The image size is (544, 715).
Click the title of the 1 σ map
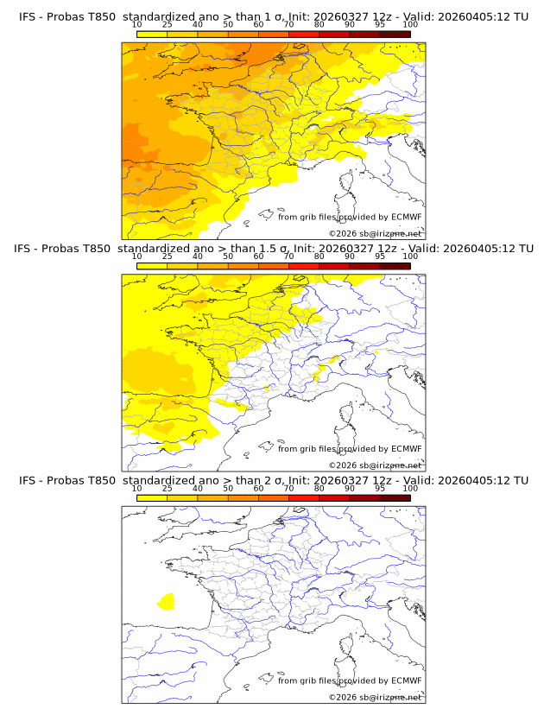click(x=272, y=16)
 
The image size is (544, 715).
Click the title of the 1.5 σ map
click(x=272, y=248)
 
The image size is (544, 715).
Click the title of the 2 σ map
click(x=272, y=480)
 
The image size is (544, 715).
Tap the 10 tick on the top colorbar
click(x=136, y=26)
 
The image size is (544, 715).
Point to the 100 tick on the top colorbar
click(x=410, y=26)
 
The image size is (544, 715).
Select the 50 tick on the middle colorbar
click(x=228, y=256)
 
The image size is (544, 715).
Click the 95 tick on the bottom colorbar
click(x=380, y=489)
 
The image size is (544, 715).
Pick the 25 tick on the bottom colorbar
click(x=167, y=489)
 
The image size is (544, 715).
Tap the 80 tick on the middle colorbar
click(x=319, y=256)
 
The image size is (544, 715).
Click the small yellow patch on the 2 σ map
click(x=167, y=600)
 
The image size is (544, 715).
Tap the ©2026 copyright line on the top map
click(x=376, y=233)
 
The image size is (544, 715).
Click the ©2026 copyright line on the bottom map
click(x=376, y=697)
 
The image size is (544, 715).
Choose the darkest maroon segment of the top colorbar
click(x=395, y=35)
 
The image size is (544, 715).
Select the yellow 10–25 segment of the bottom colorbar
click(x=152, y=498)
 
